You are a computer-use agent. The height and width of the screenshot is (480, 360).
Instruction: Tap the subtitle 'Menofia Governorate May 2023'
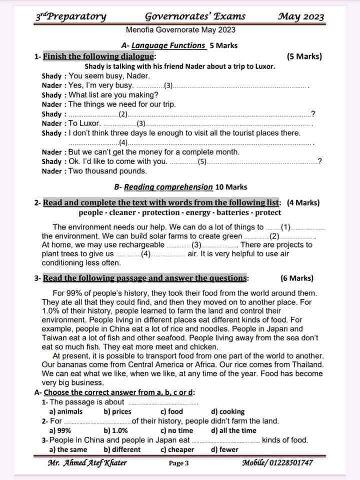(x=180, y=30)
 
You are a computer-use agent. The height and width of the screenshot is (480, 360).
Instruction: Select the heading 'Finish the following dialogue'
(x=99, y=57)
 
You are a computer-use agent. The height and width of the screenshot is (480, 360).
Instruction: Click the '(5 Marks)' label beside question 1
(x=304, y=57)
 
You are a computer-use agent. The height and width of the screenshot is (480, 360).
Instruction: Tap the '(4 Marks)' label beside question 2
(x=303, y=203)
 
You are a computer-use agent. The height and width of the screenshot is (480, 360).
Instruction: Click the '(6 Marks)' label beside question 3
(x=297, y=278)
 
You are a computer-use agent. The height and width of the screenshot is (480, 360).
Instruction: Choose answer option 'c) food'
(x=171, y=411)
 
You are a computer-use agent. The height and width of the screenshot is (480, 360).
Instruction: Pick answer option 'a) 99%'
(x=60, y=430)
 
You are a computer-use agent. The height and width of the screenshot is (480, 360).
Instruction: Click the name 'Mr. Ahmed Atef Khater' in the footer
(x=87, y=463)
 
